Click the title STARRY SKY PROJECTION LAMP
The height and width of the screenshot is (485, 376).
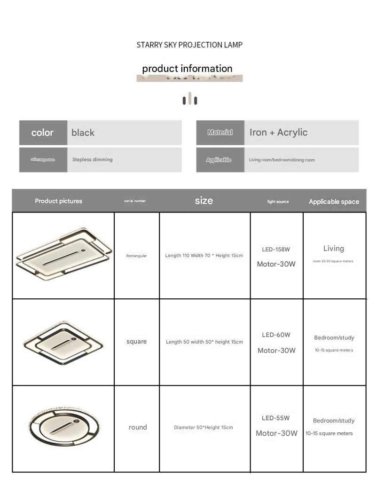(189, 45)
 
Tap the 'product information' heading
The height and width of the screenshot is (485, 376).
(187, 69)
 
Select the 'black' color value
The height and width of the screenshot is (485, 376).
(83, 133)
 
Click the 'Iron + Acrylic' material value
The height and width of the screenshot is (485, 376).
(278, 133)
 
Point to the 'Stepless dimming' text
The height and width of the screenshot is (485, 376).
(92, 160)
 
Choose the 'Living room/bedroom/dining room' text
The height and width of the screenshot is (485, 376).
(282, 160)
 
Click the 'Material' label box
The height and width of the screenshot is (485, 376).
(220, 133)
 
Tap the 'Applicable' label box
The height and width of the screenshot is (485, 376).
(219, 160)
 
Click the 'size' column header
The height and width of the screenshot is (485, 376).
(204, 201)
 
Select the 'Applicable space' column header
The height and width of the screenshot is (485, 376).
(334, 202)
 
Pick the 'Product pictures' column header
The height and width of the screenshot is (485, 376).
(58, 201)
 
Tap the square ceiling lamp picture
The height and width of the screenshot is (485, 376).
(62, 342)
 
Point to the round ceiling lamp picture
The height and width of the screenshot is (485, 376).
(64, 427)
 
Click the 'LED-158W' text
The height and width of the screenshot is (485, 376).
(276, 250)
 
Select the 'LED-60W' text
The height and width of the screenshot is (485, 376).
(276, 335)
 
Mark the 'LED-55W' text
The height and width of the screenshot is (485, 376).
(276, 418)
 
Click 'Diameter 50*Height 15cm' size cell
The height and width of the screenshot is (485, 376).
(203, 428)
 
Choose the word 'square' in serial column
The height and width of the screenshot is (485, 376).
(136, 342)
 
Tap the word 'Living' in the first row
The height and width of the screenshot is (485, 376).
(334, 249)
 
